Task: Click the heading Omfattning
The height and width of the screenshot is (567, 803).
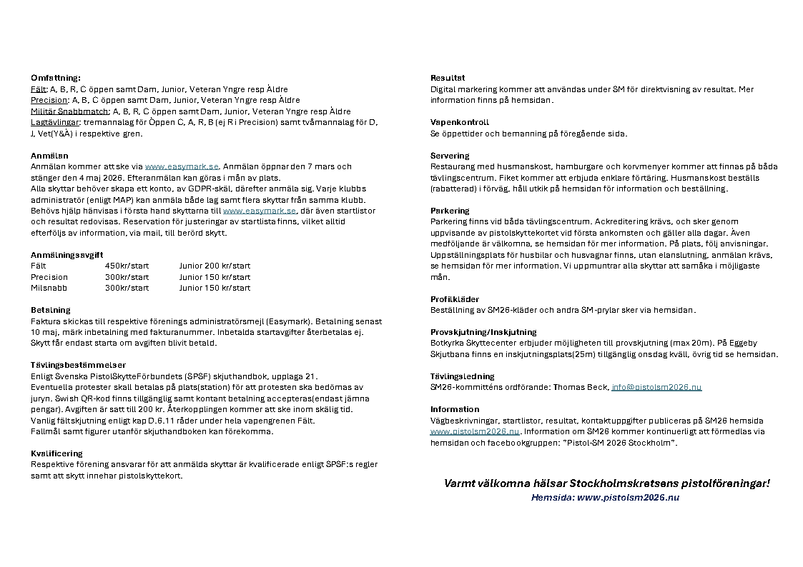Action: (56, 78)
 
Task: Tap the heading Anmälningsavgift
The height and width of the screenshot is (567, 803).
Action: (66, 255)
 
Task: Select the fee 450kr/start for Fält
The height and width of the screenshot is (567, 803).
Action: (127, 266)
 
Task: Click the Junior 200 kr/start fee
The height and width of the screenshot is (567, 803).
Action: (215, 266)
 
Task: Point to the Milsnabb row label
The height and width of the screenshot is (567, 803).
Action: (49, 288)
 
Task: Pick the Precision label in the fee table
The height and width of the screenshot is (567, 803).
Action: (49, 277)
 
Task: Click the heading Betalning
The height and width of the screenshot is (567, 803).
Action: (51, 310)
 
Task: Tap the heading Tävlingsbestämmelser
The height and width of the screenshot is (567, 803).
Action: (78, 365)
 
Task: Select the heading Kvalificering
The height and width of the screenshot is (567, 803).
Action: (56, 453)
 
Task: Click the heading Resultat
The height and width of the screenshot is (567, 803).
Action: (448, 78)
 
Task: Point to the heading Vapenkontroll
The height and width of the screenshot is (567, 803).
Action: (460, 122)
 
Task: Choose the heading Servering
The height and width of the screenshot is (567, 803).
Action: (450, 156)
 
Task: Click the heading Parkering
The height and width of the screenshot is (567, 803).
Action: (450, 211)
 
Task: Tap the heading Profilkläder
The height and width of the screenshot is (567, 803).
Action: (455, 299)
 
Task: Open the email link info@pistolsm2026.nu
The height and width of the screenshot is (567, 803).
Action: (656, 387)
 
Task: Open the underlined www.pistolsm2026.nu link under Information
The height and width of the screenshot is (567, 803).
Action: (475, 431)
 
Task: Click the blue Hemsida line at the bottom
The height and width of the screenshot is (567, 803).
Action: (605, 497)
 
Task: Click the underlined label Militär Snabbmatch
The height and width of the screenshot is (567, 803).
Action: (69, 111)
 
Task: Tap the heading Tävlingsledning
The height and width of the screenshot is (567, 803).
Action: (462, 376)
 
